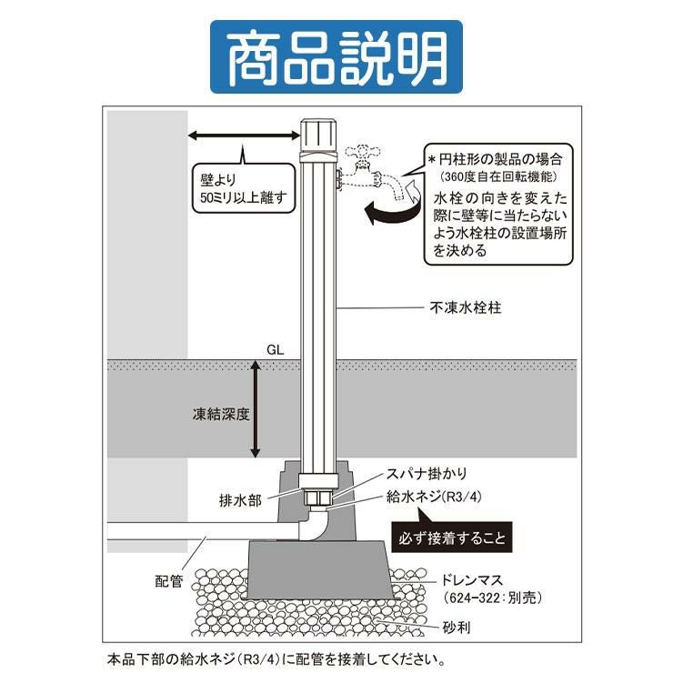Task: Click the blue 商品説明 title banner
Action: point(336,57)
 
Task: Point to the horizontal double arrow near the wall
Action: point(243,136)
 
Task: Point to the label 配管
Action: point(171,578)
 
